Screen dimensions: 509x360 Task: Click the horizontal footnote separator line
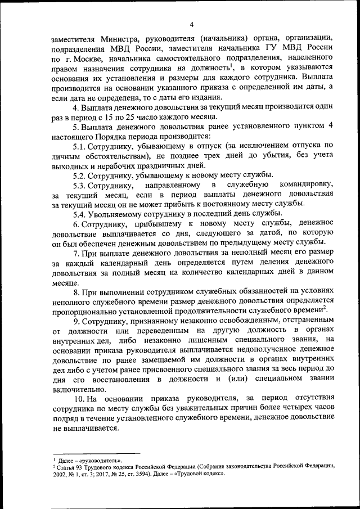tap(96, 453)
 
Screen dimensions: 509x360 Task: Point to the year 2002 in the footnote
tap(60, 474)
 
